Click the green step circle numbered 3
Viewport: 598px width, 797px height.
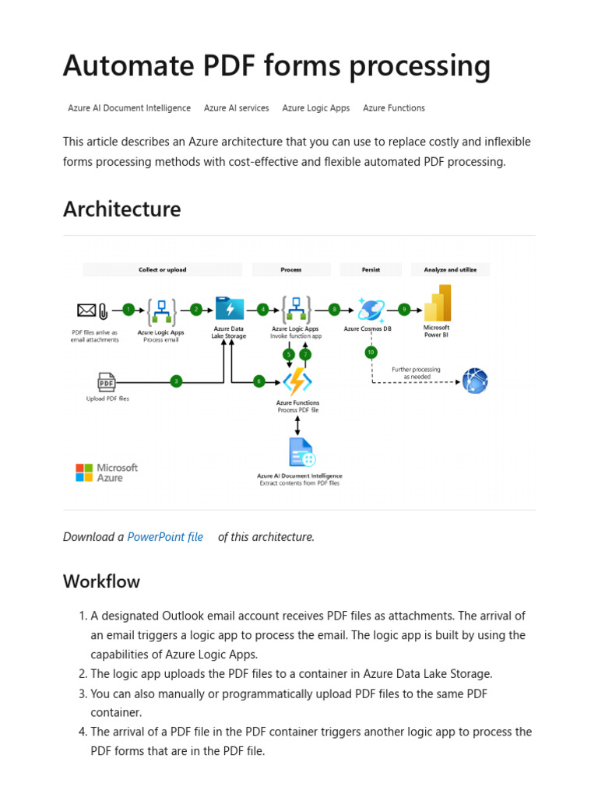pos(176,381)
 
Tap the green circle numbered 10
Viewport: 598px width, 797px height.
pos(371,352)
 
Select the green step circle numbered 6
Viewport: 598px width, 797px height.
pos(259,381)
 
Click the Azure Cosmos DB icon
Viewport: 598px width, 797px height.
pos(371,309)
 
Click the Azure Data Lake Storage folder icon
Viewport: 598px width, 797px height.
pos(229,309)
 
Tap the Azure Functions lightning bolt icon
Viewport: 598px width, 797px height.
pos(297,381)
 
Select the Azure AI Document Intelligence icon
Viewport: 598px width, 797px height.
pos(301,453)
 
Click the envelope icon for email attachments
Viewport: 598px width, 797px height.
pos(86,310)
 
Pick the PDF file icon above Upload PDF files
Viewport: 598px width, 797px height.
pos(107,381)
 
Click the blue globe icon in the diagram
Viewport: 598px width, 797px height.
pos(474,381)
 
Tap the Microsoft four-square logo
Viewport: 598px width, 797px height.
pos(84,472)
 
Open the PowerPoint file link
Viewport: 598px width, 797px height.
pos(165,537)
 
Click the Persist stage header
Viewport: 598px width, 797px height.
pos(371,270)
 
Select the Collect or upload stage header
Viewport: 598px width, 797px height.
pos(163,270)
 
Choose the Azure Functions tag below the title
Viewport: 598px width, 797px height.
pos(394,108)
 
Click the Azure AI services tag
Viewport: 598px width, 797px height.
pos(237,108)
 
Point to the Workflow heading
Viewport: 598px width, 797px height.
pos(101,581)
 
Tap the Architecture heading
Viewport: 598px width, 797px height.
pos(121,209)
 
